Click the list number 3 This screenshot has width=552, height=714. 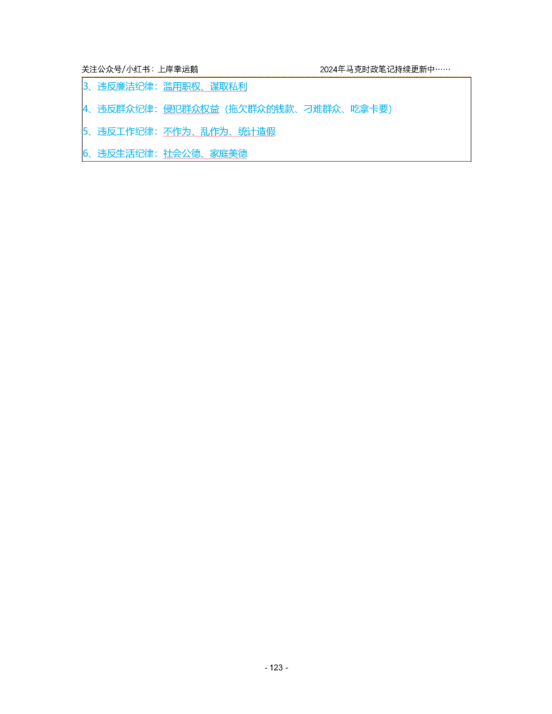pyautogui.click(x=86, y=87)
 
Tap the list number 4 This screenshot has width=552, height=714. pyautogui.click(x=86, y=109)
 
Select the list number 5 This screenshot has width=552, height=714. pyautogui.click(x=86, y=131)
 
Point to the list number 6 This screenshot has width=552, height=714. pyautogui.click(x=86, y=153)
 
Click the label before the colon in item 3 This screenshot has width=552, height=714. pyautogui.click(x=126, y=87)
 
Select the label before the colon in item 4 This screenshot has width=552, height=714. pyautogui.click(x=126, y=109)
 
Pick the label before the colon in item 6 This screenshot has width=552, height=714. pyautogui.click(x=126, y=153)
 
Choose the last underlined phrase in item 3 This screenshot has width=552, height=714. pyautogui.click(x=228, y=87)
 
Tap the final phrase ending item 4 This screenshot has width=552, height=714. pyautogui.click(x=371, y=109)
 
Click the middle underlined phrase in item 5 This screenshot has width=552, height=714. pyautogui.click(x=214, y=131)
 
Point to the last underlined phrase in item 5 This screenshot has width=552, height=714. pyautogui.click(x=256, y=131)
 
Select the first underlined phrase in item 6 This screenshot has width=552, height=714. pyautogui.click(x=183, y=153)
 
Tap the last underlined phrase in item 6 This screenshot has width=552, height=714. pyautogui.click(x=228, y=153)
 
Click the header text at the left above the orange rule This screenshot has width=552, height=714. pyautogui.click(x=138, y=72)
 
